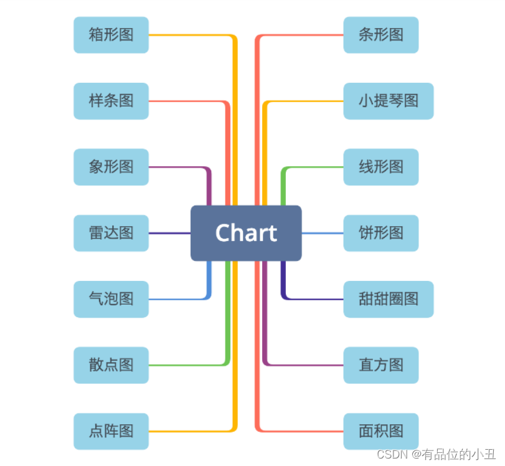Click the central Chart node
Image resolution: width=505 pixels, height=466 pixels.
(x=246, y=233)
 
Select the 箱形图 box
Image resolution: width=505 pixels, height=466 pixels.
(x=111, y=35)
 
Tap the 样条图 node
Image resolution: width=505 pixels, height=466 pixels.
(x=111, y=101)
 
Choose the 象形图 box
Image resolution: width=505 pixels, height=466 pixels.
(x=111, y=167)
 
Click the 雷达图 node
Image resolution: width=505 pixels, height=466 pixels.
(x=111, y=233)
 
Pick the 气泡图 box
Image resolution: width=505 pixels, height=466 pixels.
(x=111, y=299)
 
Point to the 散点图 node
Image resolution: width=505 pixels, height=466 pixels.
(x=111, y=365)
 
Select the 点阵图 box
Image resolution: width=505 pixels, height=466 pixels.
(x=111, y=431)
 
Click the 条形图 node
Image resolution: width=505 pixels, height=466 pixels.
(x=381, y=35)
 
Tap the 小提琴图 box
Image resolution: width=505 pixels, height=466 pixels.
(x=389, y=101)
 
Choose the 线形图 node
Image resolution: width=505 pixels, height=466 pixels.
(x=381, y=167)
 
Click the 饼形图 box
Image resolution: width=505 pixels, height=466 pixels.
(x=381, y=233)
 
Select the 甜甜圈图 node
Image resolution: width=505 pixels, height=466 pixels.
(x=389, y=299)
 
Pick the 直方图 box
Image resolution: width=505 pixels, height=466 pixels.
(x=381, y=365)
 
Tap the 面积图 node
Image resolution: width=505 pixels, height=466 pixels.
(x=381, y=431)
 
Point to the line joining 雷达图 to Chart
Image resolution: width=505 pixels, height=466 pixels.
(x=169, y=233)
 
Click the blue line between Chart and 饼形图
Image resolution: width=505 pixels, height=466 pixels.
(x=323, y=233)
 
